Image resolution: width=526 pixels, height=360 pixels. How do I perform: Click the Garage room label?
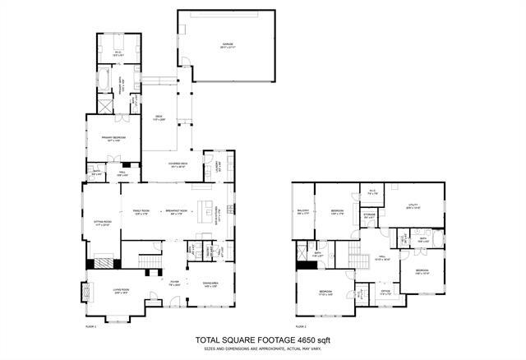(228, 46)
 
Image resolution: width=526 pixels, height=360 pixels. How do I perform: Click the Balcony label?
(303, 210)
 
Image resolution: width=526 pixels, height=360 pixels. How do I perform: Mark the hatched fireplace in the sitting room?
(104, 264)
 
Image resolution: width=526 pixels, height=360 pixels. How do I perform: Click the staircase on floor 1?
(150, 262)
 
